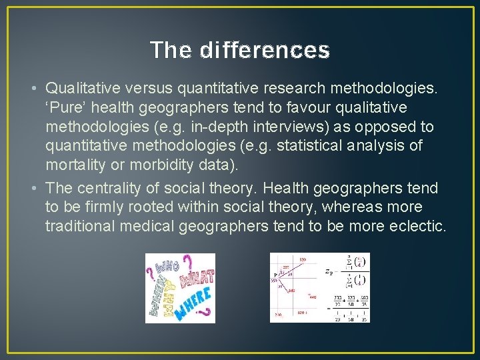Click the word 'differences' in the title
click(x=265, y=50)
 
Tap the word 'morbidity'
click(x=157, y=164)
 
